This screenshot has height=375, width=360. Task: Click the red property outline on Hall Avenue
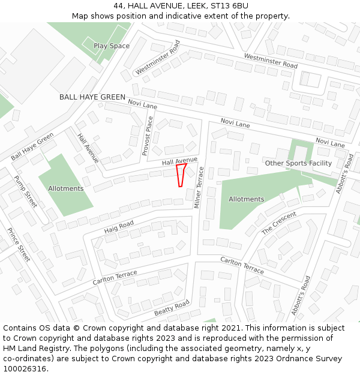pyautogui.click(x=180, y=175)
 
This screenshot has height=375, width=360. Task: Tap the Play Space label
pyautogui.click(x=112, y=46)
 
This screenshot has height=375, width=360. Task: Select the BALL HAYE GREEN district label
pyautogui.click(x=92, y=97)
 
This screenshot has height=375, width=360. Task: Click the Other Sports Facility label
pyautogui.click(x=298, y=163)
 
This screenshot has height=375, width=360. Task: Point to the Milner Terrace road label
pyautogui.click(x=199, y=187)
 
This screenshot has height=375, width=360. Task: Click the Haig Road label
pyautogui.click(x=119, y=227)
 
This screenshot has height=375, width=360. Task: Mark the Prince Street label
pyautogui.click(x=19, y=244)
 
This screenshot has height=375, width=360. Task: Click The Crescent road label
pyautogui.click(x=279, y=223)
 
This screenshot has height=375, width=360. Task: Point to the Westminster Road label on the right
pyautogui.click(x=271, y=61)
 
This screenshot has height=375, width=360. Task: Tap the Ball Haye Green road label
pyautogui.click(x=32, y=146)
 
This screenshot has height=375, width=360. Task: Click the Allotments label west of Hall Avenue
pyautogui.click(x=66, y=188)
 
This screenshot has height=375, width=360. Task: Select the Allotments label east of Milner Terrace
pyautogui.click(x=246, y=199)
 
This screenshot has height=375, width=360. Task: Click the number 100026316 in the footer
pyautogui.click(x=25, y=369)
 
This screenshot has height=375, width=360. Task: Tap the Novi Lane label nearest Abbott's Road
pyautogui.click(x=330, y=143)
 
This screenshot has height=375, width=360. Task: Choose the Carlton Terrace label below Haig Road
pyautogui.click(x=115, y=278)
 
